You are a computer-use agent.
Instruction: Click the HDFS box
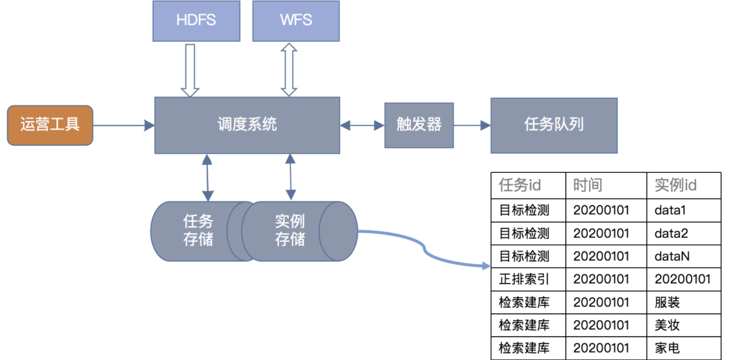click(196, 20)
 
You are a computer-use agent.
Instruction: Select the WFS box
click(296, 20)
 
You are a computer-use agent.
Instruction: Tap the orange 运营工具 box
click(50, 125)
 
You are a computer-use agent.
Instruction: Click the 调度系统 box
click(247, 125)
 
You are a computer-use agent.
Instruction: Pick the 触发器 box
click(418, 125)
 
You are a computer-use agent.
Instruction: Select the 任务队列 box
click(553, 125)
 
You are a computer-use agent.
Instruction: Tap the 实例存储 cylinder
click(290, 231)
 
